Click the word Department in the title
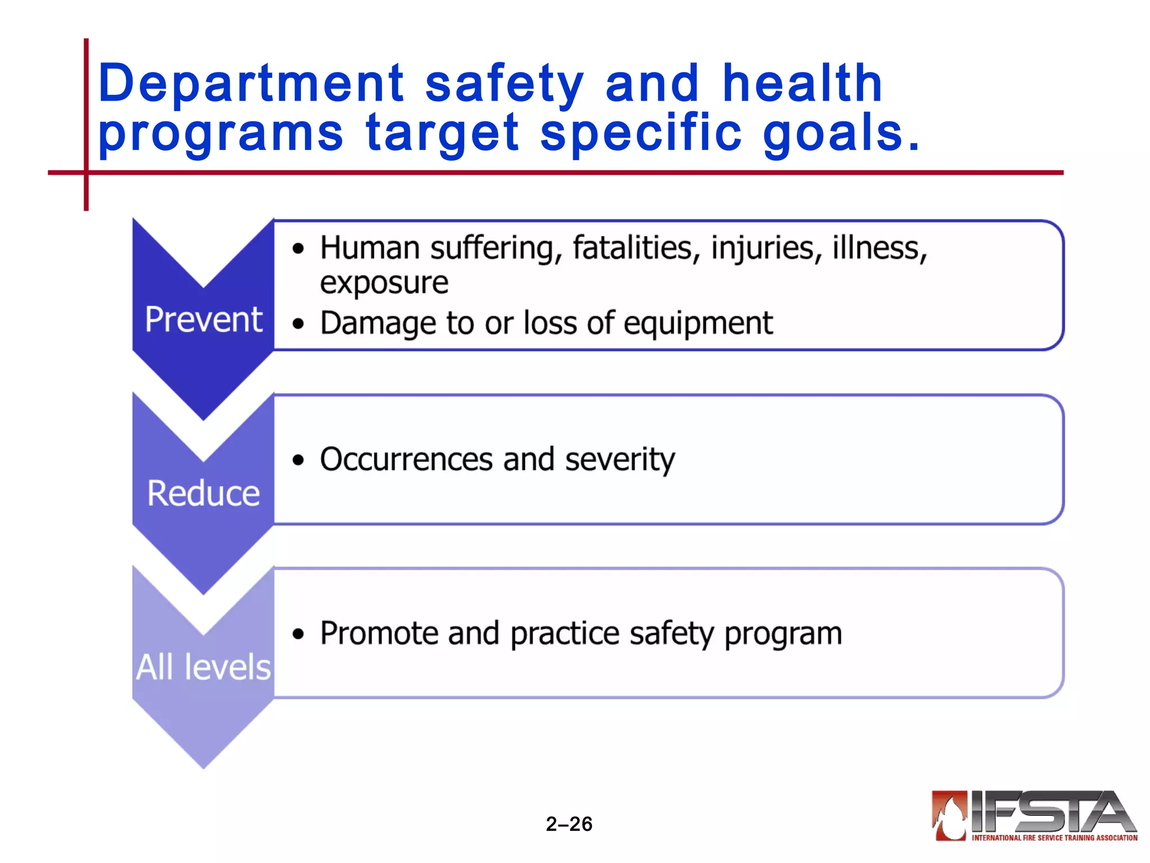coord(251,84)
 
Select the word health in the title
coord(802,84)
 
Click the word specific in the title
coord(641,134)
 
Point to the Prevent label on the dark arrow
coord(203,320)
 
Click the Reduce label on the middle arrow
coord(203,494)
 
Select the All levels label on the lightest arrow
coord(203,667)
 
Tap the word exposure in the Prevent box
coord(384,283)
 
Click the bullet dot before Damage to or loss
coord(298,324)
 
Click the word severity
coord(619,460)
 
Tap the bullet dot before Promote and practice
coord(298,634)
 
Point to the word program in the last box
coord(783,634)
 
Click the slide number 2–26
coord(569,824)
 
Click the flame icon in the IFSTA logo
coord(949,815)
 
